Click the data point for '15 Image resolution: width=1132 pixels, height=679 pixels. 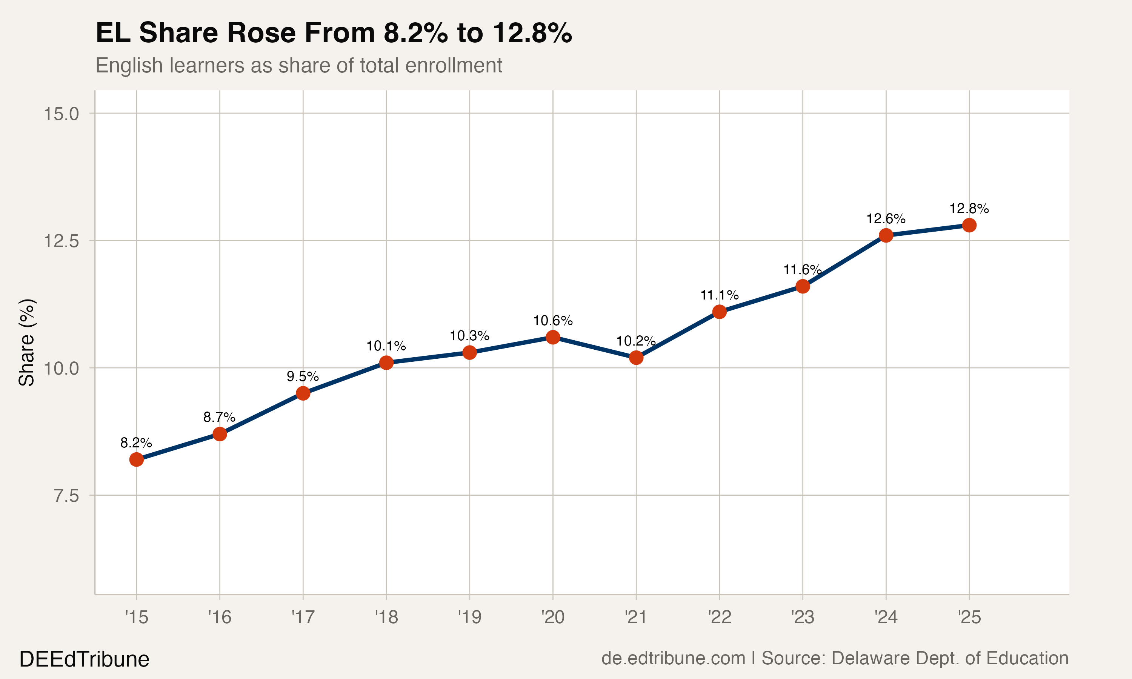(136, 459)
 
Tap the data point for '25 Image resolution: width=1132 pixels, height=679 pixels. (969, 225)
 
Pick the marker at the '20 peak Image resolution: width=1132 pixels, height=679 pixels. (553, 337)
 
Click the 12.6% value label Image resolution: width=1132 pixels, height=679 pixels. (886, 219)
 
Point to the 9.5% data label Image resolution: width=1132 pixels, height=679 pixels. (303, 376)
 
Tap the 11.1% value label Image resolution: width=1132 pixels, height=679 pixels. (719, 295)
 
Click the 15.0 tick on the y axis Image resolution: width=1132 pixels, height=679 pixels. (61, 114)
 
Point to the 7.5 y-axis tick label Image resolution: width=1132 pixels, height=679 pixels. (66, 496)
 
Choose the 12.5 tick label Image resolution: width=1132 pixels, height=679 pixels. (61, 241)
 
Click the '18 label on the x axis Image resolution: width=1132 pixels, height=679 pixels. (386, 618)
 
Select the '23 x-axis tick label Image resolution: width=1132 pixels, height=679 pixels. (803, 618)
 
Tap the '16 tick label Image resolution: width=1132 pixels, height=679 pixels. (220, 618)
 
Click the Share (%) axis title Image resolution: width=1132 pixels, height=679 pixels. (26, 342)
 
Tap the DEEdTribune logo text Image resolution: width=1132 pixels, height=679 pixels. (84, 659)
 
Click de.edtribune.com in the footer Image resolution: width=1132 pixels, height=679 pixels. (673, 658)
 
